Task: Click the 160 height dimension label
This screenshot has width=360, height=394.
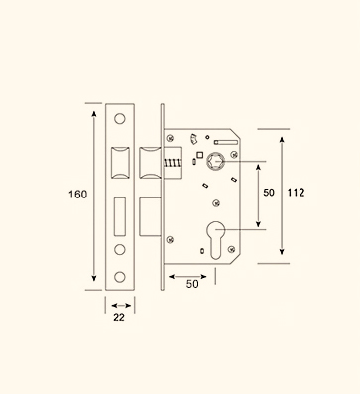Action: click(x=77, y=195)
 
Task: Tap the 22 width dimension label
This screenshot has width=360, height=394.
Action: click(x=119, y=317)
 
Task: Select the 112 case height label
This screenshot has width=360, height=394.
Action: click(x=296, y=193)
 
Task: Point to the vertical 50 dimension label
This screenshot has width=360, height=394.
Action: click(x=269, y=193)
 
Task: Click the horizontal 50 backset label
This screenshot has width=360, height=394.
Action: click(x=192, y=284)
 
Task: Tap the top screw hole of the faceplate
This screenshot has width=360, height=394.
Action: click(x=120, y=119)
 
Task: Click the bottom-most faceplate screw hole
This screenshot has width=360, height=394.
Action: click(x=120, y=277)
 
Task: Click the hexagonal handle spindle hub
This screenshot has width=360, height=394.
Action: click(x=215, y=162)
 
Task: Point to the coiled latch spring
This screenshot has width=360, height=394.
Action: click(x=173, y=163)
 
